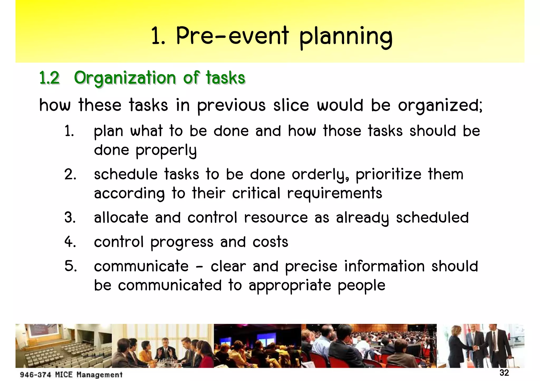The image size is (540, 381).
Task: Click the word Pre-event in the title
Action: pos(232,36)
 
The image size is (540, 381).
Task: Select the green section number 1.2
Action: pos(49,78)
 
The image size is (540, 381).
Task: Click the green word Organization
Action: pos(125,78)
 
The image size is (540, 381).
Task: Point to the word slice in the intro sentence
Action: pos(291,105)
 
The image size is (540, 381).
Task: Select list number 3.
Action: pos(70,218)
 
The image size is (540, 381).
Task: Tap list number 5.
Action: pos(70,266)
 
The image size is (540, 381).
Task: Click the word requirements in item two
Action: pos(334,194)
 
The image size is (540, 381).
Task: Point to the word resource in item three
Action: pos(276,218)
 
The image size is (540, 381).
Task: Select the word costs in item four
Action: pos(270,242)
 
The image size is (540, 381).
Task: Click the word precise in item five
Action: pos(311,266)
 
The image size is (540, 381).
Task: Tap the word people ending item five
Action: pos(361,286)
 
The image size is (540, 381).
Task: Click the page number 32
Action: pos(504,373)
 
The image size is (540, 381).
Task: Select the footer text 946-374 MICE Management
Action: pos(71,375)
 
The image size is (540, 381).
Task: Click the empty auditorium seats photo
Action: pos(63,346)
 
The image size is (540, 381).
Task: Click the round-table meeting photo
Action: pos(163,346)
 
